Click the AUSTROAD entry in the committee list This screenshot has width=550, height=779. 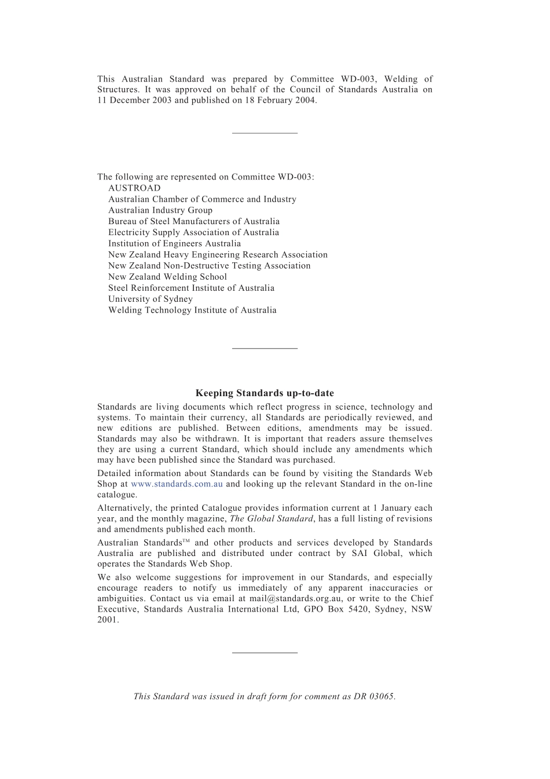(x=134, y=188)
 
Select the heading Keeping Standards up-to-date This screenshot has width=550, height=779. (x=265, y=393)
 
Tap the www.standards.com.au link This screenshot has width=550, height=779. (x=177, y=484)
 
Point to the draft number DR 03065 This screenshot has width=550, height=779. (x=374, y=696)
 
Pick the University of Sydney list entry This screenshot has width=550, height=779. (x=151, y=299)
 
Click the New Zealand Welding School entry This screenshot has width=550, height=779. (x=167, y=277)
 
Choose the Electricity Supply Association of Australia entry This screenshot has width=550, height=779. (x=193, y=232)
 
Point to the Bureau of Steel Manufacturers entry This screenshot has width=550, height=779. (x=193, y=221)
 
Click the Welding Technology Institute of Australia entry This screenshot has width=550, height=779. (x=192, y=310)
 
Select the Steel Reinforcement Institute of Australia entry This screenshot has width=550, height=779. (x=191, y=288)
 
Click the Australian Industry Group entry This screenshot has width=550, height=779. (x=160, y=210)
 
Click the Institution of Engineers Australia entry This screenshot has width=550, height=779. (x=174, y=243)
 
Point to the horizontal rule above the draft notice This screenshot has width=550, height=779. (x=265, y=653)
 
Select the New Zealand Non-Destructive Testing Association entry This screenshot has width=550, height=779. (x=209, y=266)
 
